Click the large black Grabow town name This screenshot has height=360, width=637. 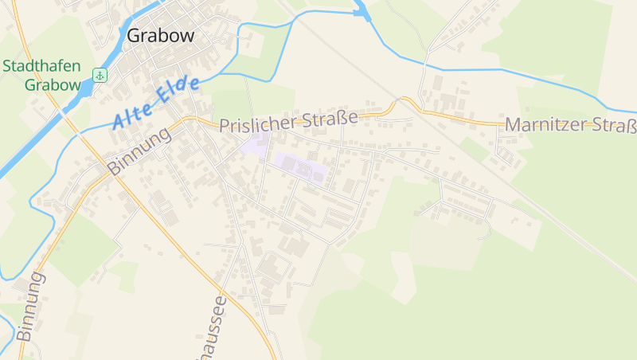(x=161, y=36)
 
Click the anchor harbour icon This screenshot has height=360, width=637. (x=100, y=76)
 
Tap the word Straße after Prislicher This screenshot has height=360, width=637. (x=329, y=120)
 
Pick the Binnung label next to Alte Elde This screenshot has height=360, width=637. (x=139, y=151)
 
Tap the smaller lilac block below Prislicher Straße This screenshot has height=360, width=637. (x=256, y=145)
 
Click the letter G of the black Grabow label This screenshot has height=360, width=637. (x=135, y=36)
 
